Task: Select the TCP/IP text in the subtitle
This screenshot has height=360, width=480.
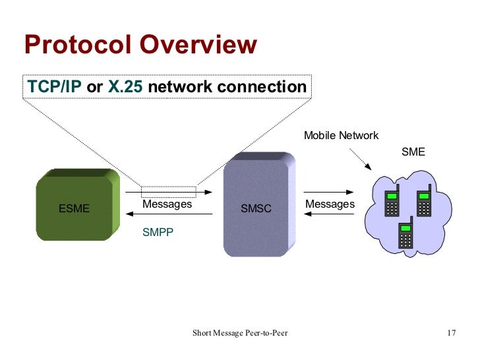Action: pyautogui.click(x=54, y=87)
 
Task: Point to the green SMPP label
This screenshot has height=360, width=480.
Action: pyautogui.click(x=158, y=232)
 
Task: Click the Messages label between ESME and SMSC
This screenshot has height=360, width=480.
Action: pyautogui.click(x=167, y=204)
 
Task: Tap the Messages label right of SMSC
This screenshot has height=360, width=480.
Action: pyautogui.click(x=330, y=204)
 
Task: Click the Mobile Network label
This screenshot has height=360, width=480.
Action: pyautogui.click(x=341, y=136)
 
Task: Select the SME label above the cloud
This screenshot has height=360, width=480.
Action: pyautogui.click(x=413, y=152)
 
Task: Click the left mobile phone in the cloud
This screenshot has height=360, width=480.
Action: pyautogui.click(x=392, y=202)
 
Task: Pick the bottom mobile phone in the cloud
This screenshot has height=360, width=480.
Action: pyautogui.click(x=405, y=233)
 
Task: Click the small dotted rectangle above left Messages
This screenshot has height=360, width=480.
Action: pyautogui.click(x=169, y=192)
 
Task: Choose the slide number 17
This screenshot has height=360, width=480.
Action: pyautogui.click(x=451, y=332)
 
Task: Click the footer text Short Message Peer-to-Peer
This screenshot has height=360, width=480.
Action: pyautogui.click(x=239, y=332)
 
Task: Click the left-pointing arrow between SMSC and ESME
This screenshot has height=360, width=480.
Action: pyautogui.click(x=177, y=215)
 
